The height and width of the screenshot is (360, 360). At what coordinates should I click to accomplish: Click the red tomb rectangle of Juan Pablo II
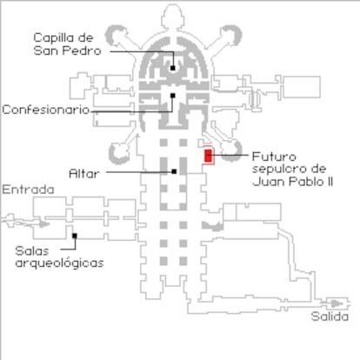point(208,156)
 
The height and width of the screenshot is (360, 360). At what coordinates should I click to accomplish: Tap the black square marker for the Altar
point(174,171)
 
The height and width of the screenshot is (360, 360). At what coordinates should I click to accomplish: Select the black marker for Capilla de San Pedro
point(173,68)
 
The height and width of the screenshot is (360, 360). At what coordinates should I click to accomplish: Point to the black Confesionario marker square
point(173,96)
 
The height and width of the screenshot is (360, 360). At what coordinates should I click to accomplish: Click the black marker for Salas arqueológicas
point(75,236)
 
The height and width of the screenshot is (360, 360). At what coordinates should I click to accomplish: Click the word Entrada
point(28,190)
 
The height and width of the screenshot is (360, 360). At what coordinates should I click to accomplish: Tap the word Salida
point(330,317)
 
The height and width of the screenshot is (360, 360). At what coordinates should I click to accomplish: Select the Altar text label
point(84,174)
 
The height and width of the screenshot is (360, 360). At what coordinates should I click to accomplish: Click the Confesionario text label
point(46,110)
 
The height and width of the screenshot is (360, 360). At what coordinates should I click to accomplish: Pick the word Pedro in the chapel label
point(82,50)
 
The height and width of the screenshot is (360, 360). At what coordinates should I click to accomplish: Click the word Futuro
point(274,157)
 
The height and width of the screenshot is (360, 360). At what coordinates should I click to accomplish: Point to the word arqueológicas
point(59,264)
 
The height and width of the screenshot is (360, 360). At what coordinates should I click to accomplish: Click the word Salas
point(32,251)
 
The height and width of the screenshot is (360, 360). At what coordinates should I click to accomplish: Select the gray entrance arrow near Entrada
point(44,223)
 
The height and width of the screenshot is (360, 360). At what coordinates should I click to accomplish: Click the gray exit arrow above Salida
point(337,303)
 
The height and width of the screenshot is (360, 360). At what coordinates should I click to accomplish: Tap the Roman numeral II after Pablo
point(330,182)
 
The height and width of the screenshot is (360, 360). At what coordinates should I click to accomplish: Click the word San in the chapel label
point(46,50)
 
